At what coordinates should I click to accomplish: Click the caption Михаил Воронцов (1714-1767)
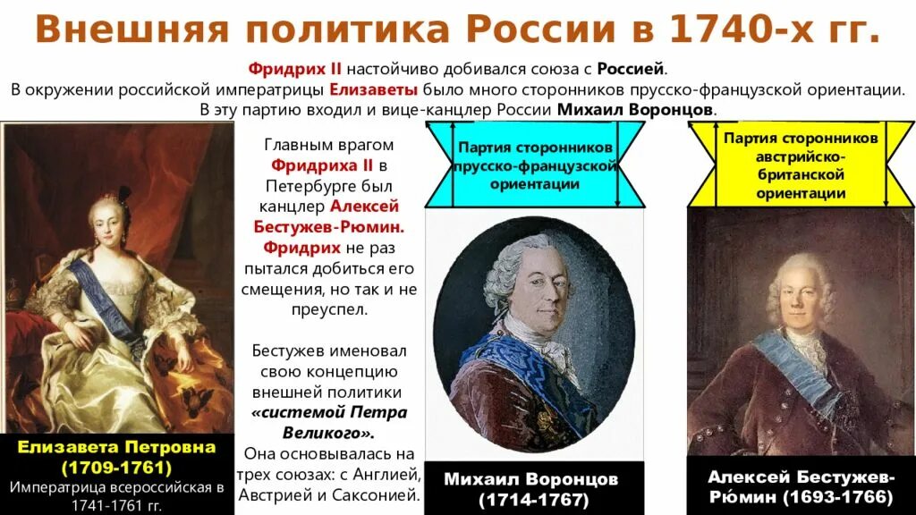point(531,488)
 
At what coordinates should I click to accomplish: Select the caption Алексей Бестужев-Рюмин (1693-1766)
point(800,486)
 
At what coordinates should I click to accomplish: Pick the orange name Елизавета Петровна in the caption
point(117,448)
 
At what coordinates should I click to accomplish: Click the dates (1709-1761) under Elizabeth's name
point(117,468)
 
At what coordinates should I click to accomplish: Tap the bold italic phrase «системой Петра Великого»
point(329,423)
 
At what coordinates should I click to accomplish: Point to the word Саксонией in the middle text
point(377,494)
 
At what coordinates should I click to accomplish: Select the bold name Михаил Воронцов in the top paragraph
point(636,109)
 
